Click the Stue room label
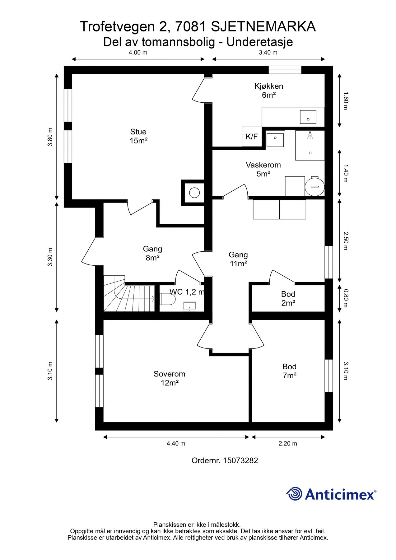(138, 136)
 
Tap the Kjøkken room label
(269, 91)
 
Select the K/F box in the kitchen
(252, 136)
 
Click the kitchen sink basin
(308, 117)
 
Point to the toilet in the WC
(168, 299)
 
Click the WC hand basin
(189, 306)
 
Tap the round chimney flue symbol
(194, 193)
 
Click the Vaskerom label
(263, 169)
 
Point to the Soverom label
(170, 378)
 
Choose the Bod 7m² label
(289, 371)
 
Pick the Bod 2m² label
(288, 298)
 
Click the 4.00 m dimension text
(138, 53)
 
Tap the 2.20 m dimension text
(288, 443)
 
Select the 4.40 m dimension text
(176, 443)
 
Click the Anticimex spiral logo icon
(294, 494)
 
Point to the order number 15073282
(240, 460)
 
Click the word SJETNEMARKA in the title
(263, 27)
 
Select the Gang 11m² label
(239, 259)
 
